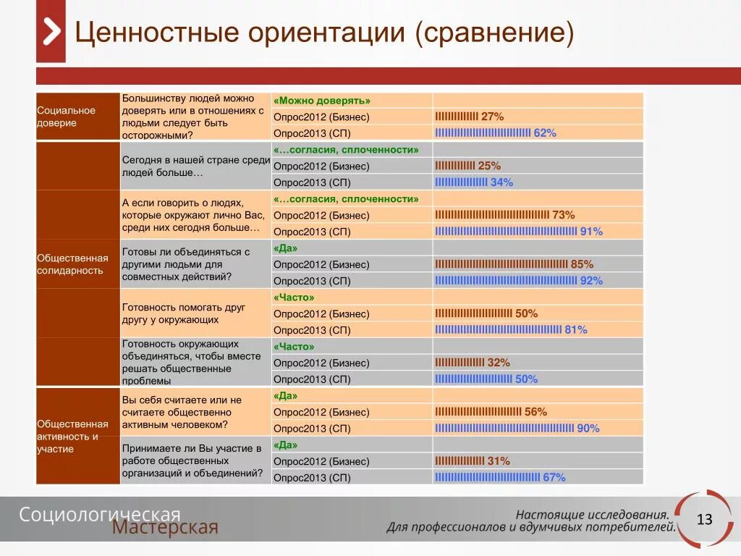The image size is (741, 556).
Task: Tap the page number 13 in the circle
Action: [x=704, y=519]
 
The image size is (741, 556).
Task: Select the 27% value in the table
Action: [x=492, y=117]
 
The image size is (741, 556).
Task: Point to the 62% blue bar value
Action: [x=545, y=133]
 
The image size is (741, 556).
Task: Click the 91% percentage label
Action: [x=590, y=232]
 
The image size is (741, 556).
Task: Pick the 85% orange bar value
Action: [x=582, y=264]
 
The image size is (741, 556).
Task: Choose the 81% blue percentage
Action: [x=576, y=330]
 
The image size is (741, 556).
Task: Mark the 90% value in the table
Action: [x=588, y=429]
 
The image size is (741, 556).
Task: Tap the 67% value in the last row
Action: [x=554, y=478]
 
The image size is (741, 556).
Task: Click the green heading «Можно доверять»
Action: [x=322, y=101]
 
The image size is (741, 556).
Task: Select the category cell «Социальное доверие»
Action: [x=67, y=117]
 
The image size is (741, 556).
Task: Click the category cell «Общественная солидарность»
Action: [x=72, y=264]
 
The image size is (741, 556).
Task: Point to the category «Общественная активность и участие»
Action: [x=72, y=437]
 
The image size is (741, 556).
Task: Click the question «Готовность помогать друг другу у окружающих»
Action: [x=184, y=313]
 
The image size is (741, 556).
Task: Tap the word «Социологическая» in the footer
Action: [x=99, y=514]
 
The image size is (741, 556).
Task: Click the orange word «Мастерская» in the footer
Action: [x=165, y=528]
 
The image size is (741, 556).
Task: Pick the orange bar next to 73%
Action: [x=492, y=215]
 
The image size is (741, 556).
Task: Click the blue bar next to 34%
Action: [x=461, y=182]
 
